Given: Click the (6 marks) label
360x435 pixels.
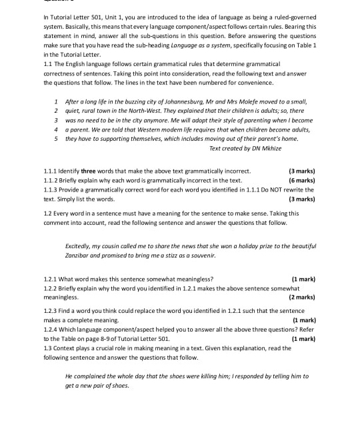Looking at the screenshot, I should click(x=301, y=180).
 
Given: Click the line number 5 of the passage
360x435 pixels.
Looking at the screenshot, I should click(x=57, y=139).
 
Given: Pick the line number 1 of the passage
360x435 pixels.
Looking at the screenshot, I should click(x=57, y=101).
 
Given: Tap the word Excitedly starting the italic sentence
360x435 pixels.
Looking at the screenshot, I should click(x=80, y=246).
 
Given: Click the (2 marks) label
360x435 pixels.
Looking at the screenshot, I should click(x=301, y=297).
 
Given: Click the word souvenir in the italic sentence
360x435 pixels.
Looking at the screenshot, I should click(x=206, y=256).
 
